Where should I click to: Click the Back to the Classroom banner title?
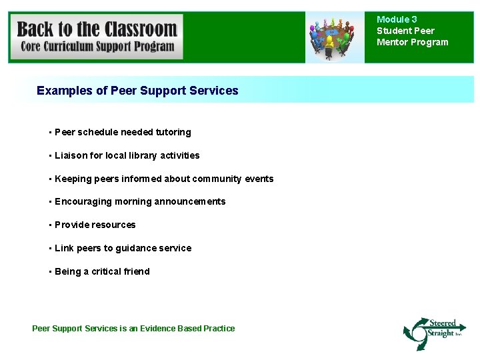pyautogui.click(x=97, y=29)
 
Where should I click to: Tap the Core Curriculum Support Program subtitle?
pyautogui.click(x=97, y=47)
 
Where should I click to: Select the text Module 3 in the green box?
pyautogui.click(x=397, y=20)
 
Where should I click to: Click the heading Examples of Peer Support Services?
pyautogui.click(x=137, y=90)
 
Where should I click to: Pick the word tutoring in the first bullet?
pyautogui.click(x=173, y=132)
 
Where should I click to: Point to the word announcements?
pyautogui.click(x=190, y=201)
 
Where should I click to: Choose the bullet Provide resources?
pyautogui.click(x=95, y=225)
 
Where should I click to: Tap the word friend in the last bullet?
pyautogui.click(x=137, y=271)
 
